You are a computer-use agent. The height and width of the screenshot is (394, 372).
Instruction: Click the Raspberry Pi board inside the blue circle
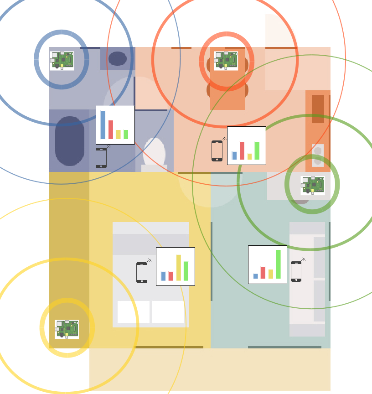click(x=62, y=60)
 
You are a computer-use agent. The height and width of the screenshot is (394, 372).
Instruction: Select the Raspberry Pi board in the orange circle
click(x=226, y=61)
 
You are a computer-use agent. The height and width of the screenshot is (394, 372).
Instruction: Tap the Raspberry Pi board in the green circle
click(x=313, y=185)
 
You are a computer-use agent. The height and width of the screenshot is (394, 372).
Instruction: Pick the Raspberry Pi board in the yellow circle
click(x=67, y=329)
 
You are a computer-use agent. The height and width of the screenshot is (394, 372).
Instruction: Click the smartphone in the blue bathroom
click(x=101, y=158)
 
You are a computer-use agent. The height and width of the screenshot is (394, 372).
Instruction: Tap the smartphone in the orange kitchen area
click(x=217, y=151)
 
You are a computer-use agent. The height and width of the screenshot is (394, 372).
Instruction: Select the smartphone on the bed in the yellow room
click(x=142, y=273)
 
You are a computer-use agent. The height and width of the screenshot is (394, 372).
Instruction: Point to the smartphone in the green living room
click(x=296, y=271)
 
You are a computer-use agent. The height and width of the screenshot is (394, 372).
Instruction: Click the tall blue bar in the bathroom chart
click(x=103, y=124)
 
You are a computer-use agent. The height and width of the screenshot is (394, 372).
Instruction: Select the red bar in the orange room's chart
click(x=242, y=150)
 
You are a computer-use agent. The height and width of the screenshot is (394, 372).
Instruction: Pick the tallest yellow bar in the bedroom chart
click(x=179, y=267)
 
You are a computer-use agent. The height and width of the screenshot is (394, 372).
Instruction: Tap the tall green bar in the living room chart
click(x=278, y=264)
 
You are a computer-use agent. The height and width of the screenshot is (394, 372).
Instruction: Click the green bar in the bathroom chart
click(x=126, y=135)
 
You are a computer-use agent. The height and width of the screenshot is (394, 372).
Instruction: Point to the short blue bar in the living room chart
click(x=256, y=276)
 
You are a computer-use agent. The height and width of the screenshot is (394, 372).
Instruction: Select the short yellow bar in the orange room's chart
click(x=249, y=157)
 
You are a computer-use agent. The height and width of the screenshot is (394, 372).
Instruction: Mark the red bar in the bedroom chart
click(x=171, y=276)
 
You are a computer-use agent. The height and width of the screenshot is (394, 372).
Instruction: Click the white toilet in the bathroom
click(x=154, y=153)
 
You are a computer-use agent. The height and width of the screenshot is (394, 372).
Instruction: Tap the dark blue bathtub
click(x=70, y=140)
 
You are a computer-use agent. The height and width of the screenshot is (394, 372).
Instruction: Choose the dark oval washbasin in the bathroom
click(x=118, y=58)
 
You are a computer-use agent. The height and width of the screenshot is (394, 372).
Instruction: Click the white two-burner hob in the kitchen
click(x=318, y=155)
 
